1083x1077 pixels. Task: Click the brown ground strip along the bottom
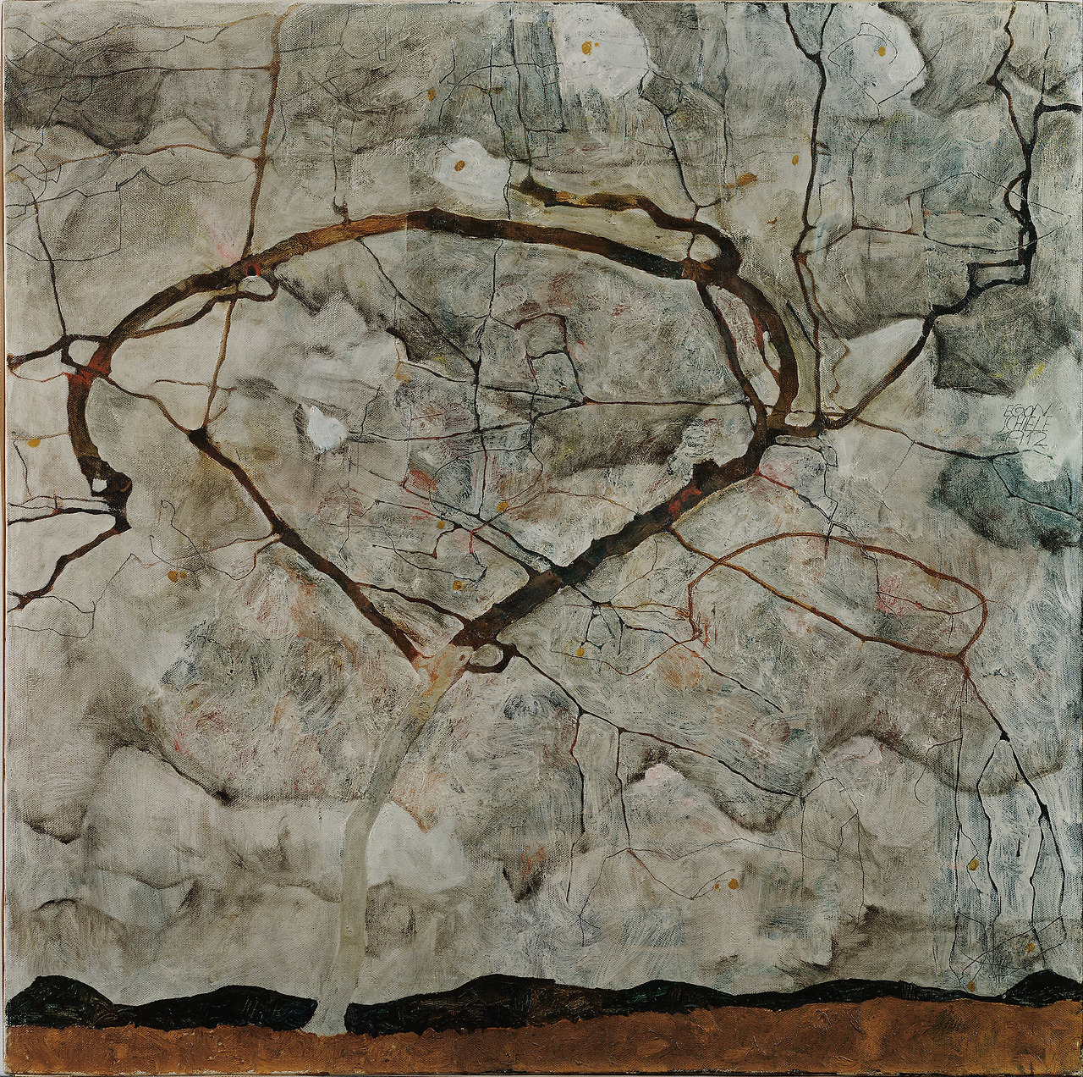point(541,1046)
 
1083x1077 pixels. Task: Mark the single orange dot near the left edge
point(34,442)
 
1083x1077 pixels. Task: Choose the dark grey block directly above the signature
point(981,356)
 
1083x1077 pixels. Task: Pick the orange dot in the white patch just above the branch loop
point(462,165)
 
